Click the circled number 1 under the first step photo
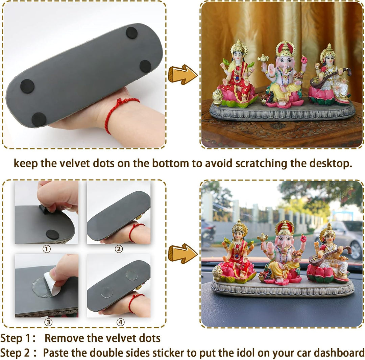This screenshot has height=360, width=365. pyautogui.click(x=47, y=249)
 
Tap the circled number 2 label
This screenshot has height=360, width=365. pyautogui.click(x=119, y=249)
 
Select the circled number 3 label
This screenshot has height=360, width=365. pyautogui.click(x=48, y=322)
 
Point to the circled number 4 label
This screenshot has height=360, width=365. pyautogui.click(x=120, y=322)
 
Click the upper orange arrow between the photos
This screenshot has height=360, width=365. pyautogui.click(x=183, y=74)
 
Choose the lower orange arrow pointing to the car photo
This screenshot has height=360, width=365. pyautogui.click(x=183, y=254)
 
